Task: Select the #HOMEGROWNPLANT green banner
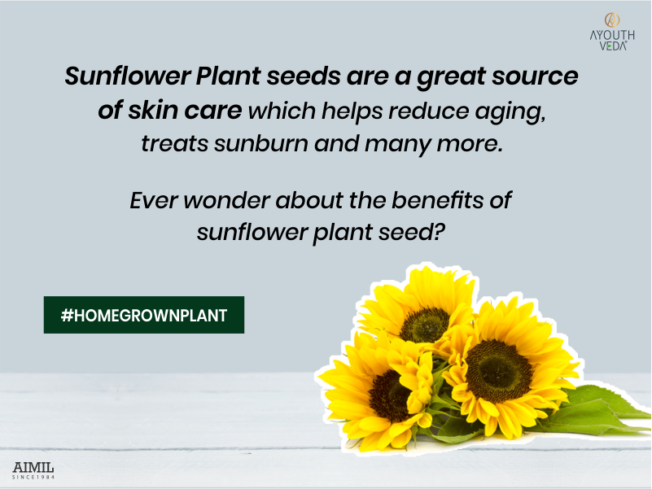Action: tap(143, 315)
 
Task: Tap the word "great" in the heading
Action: tap(443, 77)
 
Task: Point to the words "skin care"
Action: tap(181, 111)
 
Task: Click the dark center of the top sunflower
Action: tap(424, 324)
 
